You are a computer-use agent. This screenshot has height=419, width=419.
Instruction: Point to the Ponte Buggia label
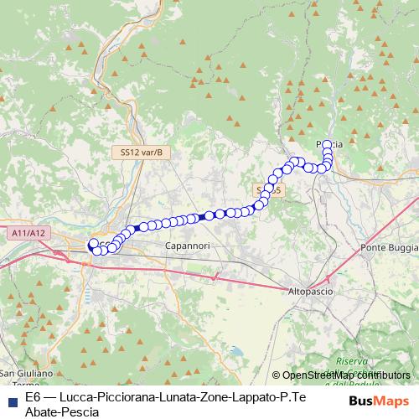pos(389,247)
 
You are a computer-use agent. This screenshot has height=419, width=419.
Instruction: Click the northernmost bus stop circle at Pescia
pos(327,144)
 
